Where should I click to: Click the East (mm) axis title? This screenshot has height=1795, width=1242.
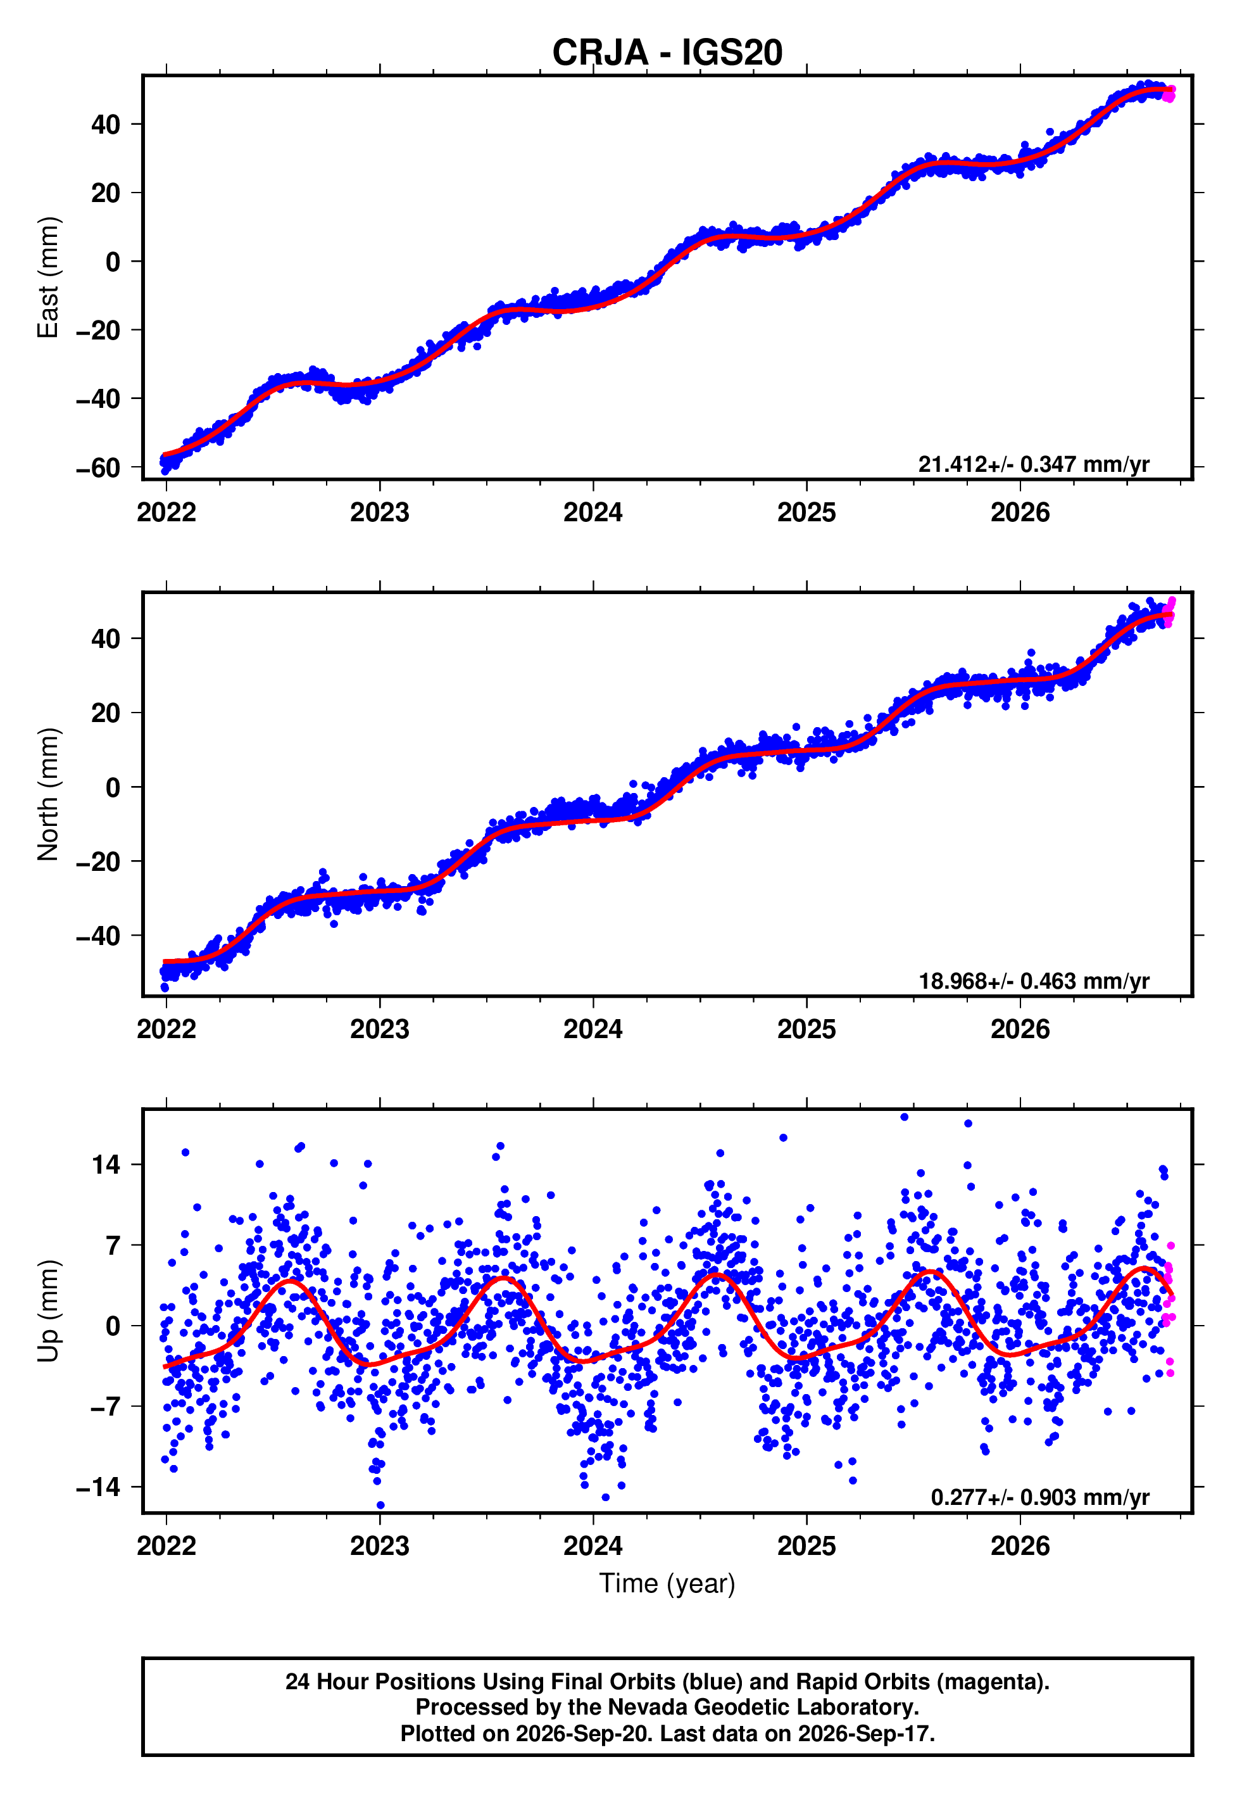(x=48, y=277)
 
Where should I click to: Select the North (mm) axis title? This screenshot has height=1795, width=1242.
(x=48, y=794)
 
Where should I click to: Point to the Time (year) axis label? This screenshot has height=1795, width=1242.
(x=667, y=1584)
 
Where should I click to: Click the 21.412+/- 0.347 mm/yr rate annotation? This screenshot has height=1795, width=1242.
(x=1034, y=464)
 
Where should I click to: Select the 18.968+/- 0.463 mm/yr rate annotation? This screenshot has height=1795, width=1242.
(x=1034, y=980)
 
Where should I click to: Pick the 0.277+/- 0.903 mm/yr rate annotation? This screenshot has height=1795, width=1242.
(x=1039, y=1498)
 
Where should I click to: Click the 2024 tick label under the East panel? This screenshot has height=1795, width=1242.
(x=593, y=512)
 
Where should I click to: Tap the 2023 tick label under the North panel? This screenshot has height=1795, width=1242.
(x=380, y=1029)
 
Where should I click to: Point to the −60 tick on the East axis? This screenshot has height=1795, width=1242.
(x=98, y=468)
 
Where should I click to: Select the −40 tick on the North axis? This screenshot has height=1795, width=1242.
(x=98, y=936)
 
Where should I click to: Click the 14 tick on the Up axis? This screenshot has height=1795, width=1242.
(x=106, y=1165)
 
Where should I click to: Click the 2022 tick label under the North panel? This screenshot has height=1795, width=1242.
(x=166, y=1029)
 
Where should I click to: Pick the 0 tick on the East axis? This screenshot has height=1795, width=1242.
(x=113, y=262)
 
